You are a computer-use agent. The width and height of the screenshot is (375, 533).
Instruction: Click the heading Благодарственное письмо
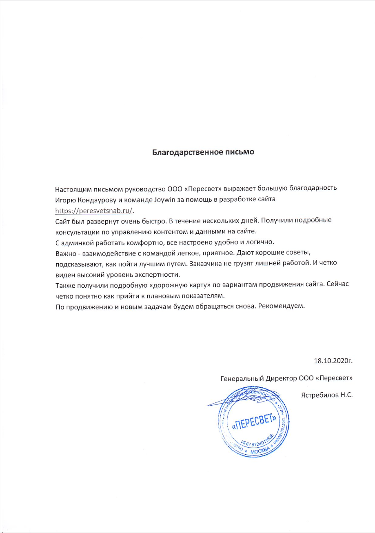point(203,153)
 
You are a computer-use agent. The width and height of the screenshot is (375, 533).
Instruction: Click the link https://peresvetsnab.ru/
point(94,211)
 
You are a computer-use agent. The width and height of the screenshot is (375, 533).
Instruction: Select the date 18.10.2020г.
point(333,361)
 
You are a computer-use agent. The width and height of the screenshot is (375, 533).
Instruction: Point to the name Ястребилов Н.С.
point(327,395)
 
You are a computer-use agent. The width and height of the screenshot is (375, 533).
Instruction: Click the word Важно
point(65,253)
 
